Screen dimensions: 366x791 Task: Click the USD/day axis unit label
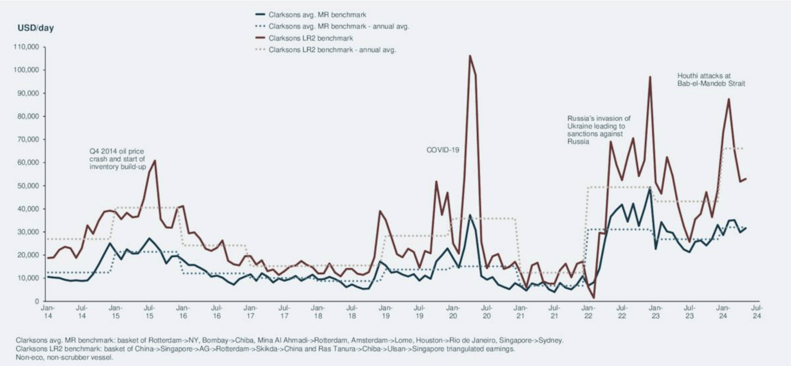tap(35, 28)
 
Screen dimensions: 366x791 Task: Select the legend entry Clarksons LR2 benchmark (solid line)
tap(310, 38)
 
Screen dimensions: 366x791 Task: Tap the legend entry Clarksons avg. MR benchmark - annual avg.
tap(339, 27)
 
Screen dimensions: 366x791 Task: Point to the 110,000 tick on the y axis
tap(28, 47)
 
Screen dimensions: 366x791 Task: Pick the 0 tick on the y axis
tap(37, 301)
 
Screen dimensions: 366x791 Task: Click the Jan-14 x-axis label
tap(48, 312)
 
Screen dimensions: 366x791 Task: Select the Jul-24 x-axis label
tap(757, 312)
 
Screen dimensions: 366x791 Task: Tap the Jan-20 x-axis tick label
tap(453, 312)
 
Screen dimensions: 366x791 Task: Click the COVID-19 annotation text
tap(443, 150)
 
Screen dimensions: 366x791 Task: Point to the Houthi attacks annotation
tap(711, 79)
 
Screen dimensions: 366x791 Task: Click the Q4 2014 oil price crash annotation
tap(117, 159)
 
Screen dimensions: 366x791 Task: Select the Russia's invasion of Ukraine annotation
tap(598, 130)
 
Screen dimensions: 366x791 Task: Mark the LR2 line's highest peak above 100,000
tap(470, 56)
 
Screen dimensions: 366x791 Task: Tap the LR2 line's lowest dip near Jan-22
tap(594, 298)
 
